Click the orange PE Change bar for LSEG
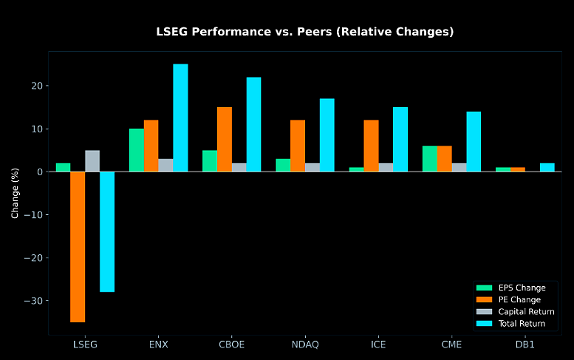tap(78, 247)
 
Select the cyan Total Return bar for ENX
tap(180, 118)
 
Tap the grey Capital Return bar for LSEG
tap(92, 161)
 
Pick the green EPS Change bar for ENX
tap(137, 150)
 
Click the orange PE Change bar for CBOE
tap(225, 140)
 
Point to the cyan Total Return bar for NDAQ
tap(327, 135)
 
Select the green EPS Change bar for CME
tap(430, 159)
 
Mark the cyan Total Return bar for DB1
tap(547, 167)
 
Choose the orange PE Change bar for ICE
tap(371, 146)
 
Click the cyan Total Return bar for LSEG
tap(107, 232)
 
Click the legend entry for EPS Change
tap(511, 288)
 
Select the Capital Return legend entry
tap(516, 312)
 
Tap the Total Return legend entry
tap(511, 323)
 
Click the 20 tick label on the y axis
tap(37, 86)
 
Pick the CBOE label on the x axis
tap(232, 344)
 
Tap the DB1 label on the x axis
tap(525, 344)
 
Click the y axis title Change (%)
tap(15, 194)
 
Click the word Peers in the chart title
tap(315, 32)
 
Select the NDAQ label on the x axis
tap(305, 344)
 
